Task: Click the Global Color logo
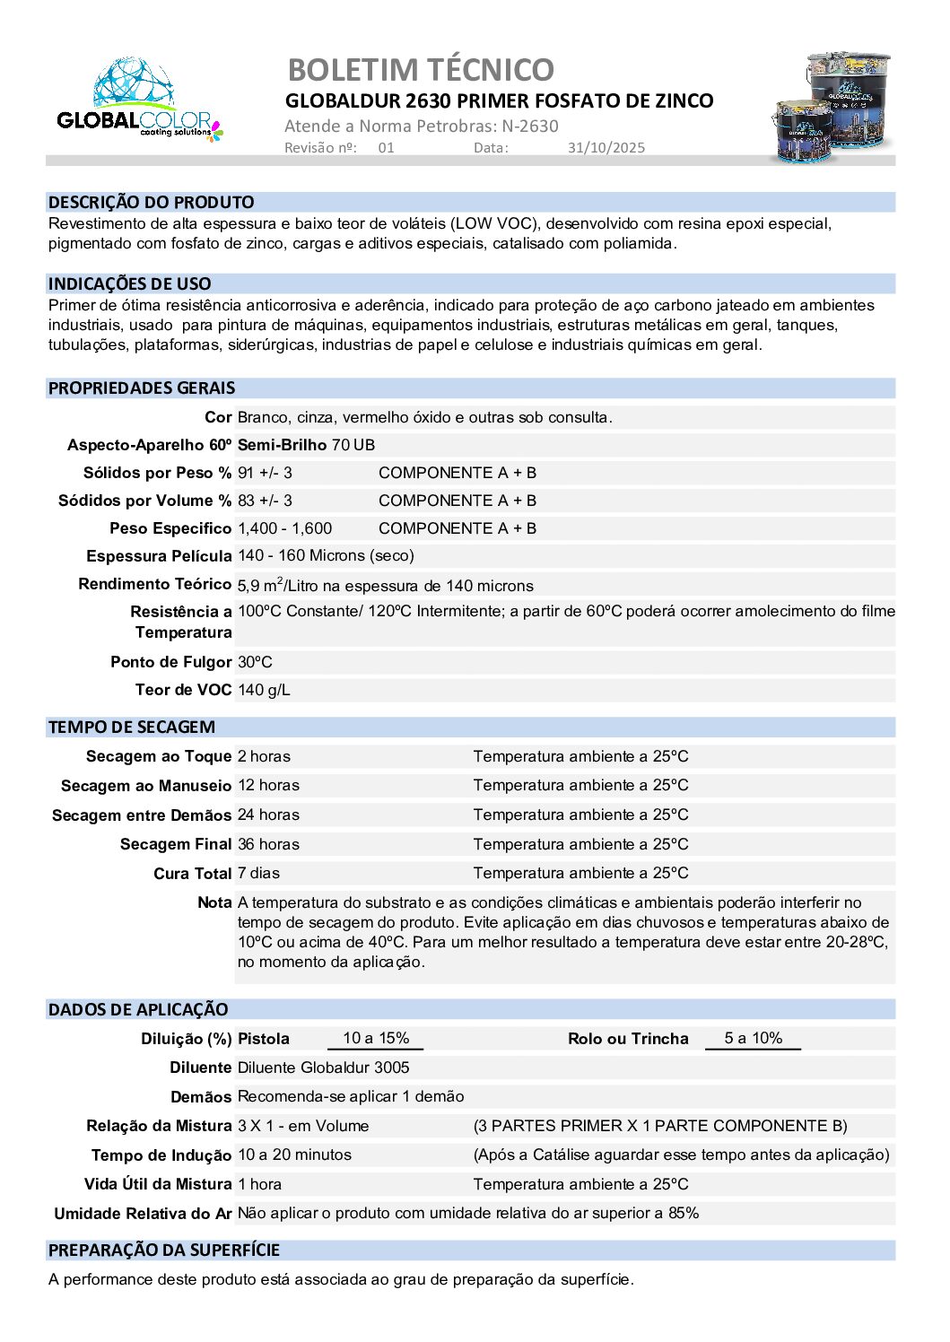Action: (139, 100)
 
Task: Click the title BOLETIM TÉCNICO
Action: (421, 70)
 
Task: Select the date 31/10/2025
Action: (606, 148)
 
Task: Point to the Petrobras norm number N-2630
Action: (530, 126)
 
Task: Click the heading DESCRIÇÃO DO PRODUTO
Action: (152, 203)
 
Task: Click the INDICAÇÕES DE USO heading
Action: (130, 284)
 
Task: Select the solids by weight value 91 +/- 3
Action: (265, 473)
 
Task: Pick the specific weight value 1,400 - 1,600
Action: (284, 528)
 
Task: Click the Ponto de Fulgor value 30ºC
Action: (255, 662)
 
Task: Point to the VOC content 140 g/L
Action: (264, 690)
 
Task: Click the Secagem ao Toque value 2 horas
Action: (264, 756)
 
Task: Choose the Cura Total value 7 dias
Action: (258, 873)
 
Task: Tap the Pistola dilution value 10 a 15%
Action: (376, 1038)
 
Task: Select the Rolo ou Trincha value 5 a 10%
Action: (753, 1038)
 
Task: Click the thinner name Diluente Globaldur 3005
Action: (323, 1067)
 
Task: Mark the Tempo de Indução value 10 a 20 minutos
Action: (294, 1155)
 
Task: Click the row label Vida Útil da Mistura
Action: (158, 1184)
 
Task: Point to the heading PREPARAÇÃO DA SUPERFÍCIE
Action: (164, 1250)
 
